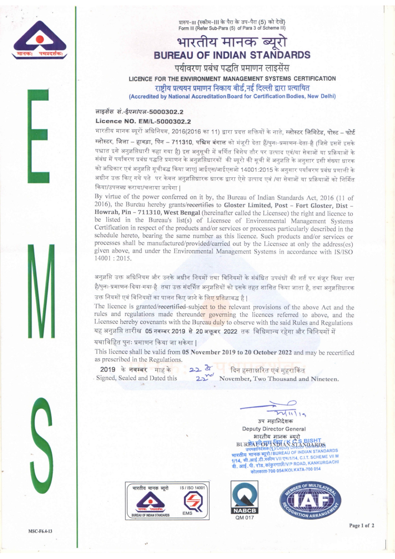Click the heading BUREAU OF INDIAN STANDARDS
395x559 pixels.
[x=232, y=55]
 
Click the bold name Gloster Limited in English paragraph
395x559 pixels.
[x=247, y=205]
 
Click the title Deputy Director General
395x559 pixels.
[x=274, y=429]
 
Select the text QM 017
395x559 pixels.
[x=244, y=518]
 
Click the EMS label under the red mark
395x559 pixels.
[x=187, y=513]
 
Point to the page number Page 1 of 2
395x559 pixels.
[x=362, y=526]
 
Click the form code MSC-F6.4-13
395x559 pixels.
[x=40, y=531]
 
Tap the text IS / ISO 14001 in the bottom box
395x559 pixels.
[x=192, y=488]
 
